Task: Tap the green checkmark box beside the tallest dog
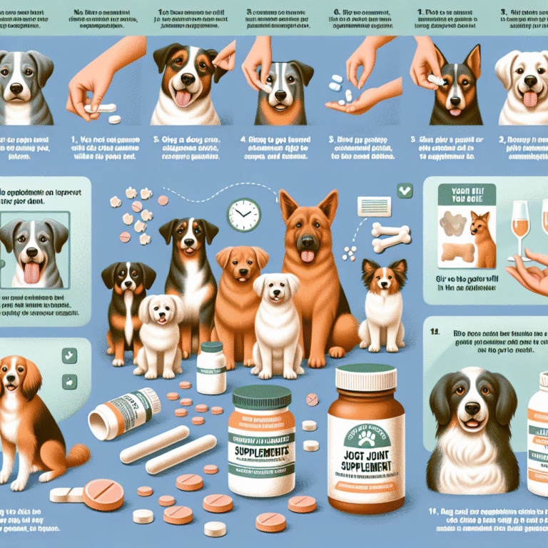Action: (x=405, y=191)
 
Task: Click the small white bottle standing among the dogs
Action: (x=211, y=367)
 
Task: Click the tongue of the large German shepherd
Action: (x=308, y=255)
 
